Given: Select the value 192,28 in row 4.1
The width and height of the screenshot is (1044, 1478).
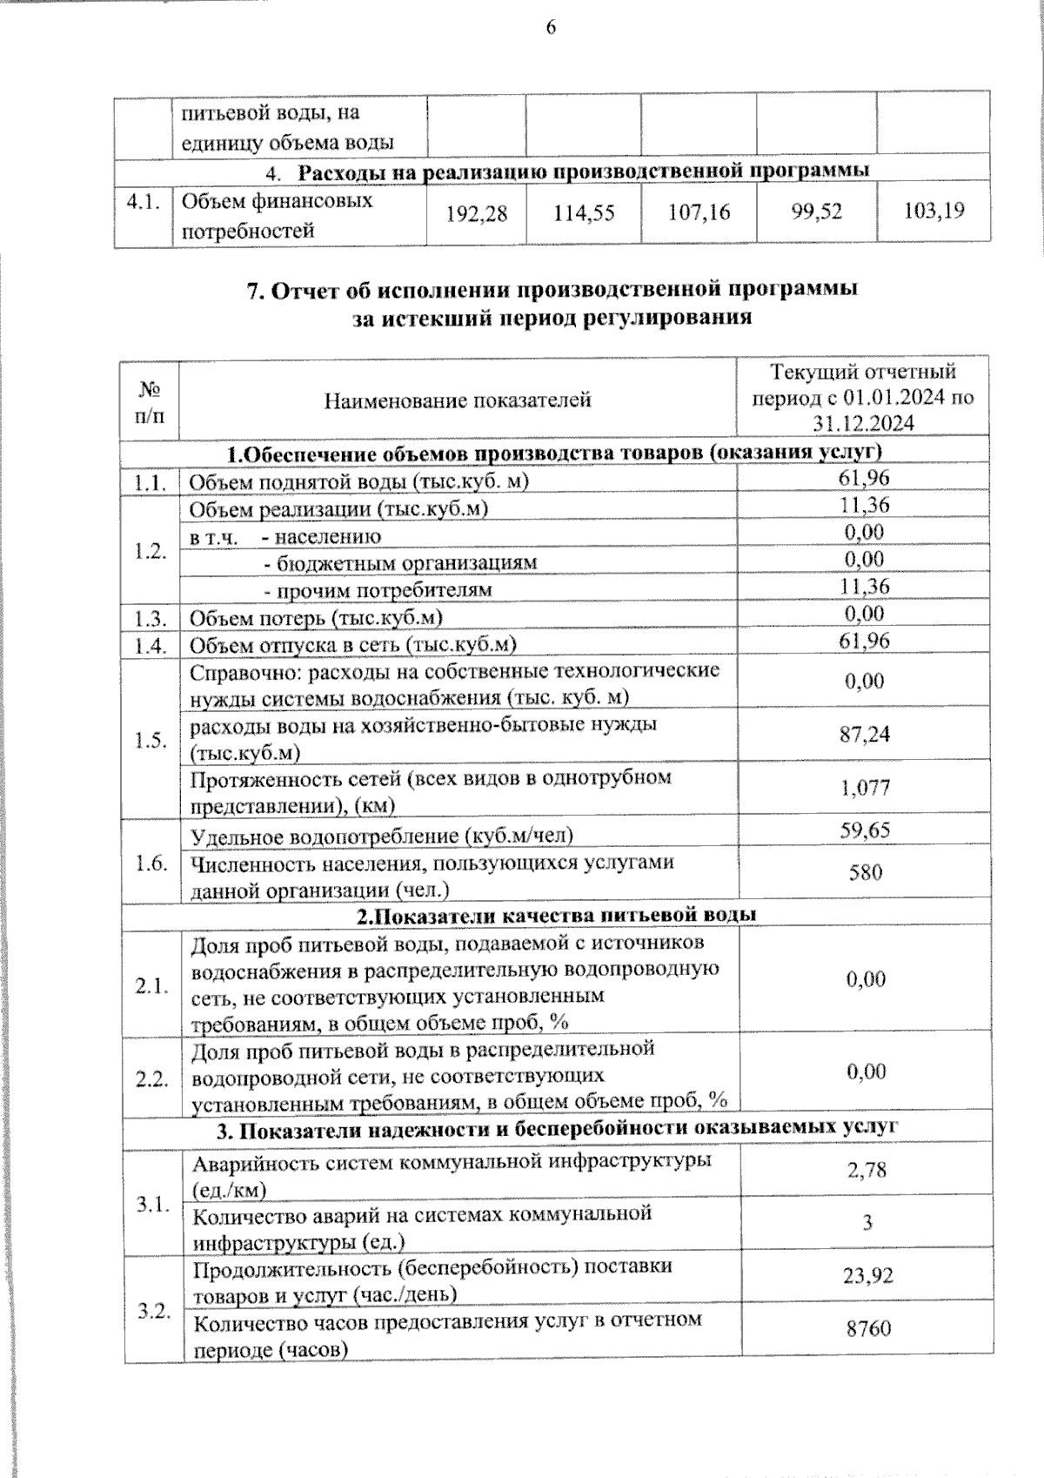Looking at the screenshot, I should (x=476, y=212).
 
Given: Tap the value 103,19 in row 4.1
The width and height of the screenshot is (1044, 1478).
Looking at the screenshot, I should (x=934, y=210).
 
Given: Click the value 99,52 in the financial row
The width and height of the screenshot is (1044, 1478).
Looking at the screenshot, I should (x=817, y=211).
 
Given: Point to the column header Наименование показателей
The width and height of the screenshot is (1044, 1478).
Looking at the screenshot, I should (x=458, y=400).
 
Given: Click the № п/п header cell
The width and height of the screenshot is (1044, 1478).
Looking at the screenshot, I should (x=151, y=400).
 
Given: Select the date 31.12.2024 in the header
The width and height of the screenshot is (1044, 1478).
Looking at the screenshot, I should (x=863, y=423).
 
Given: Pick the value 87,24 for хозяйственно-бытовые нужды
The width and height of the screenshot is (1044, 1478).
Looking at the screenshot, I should (x=865, y=734).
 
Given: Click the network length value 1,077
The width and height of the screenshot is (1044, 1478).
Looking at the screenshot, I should (x=865, y=788).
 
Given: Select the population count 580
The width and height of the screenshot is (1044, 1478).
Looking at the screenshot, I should (x=866, y=872).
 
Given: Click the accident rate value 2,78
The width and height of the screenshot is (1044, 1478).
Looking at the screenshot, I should (x=867, y=1169).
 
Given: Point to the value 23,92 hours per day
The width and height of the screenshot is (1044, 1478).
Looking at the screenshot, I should (x=867, y=1276).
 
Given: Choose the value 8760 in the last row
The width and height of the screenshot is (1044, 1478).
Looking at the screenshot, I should (x=867, y=1329).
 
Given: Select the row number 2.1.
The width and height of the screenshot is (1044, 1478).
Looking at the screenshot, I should (x=151, y=986).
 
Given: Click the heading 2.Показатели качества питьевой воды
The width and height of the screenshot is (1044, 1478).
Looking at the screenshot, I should (x=557, y=915).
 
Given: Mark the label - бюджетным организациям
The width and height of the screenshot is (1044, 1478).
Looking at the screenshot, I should (x=400, y=562).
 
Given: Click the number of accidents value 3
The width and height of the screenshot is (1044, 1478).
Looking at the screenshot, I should (x=867, y=1223).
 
